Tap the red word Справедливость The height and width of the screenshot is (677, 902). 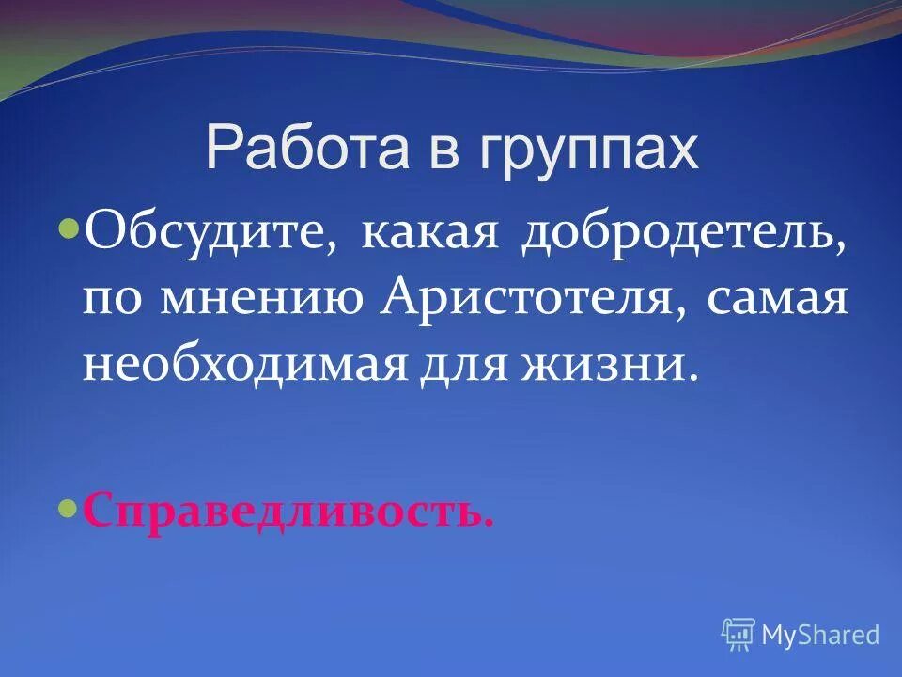pos(286,513)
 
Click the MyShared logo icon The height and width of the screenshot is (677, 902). pos(739,635)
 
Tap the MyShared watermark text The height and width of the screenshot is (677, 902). pos(820,636)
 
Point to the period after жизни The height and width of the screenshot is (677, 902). pos(694,378)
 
